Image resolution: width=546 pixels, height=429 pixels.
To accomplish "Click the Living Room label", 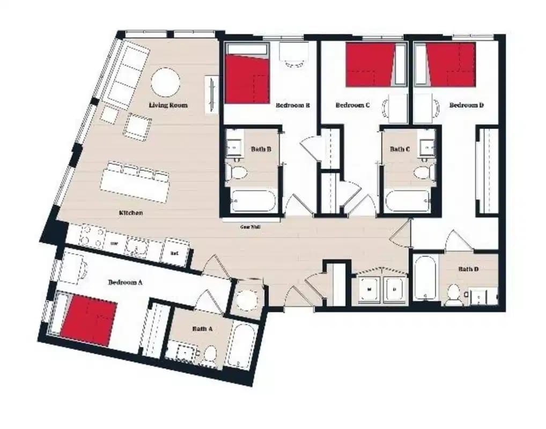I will [x=168, y=105].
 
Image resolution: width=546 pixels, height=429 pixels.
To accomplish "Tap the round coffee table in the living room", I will [x=165, y=83].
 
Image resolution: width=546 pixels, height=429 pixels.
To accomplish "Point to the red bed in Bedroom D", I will [x=451, y=64].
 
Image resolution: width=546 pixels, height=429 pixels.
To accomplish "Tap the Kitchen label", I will [x=131, y=213].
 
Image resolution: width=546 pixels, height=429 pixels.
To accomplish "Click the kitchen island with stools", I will [x=135, y=182].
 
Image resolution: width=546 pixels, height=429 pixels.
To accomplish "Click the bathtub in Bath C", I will [x=407, y=201].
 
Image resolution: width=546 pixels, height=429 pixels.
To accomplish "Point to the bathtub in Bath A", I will [x=242, y=346].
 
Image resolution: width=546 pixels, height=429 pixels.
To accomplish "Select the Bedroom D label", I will [x=466, y=105].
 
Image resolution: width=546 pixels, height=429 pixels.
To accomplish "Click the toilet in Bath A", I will [x=210, y=353].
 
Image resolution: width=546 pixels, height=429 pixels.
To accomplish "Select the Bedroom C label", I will [x=352, y=105].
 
